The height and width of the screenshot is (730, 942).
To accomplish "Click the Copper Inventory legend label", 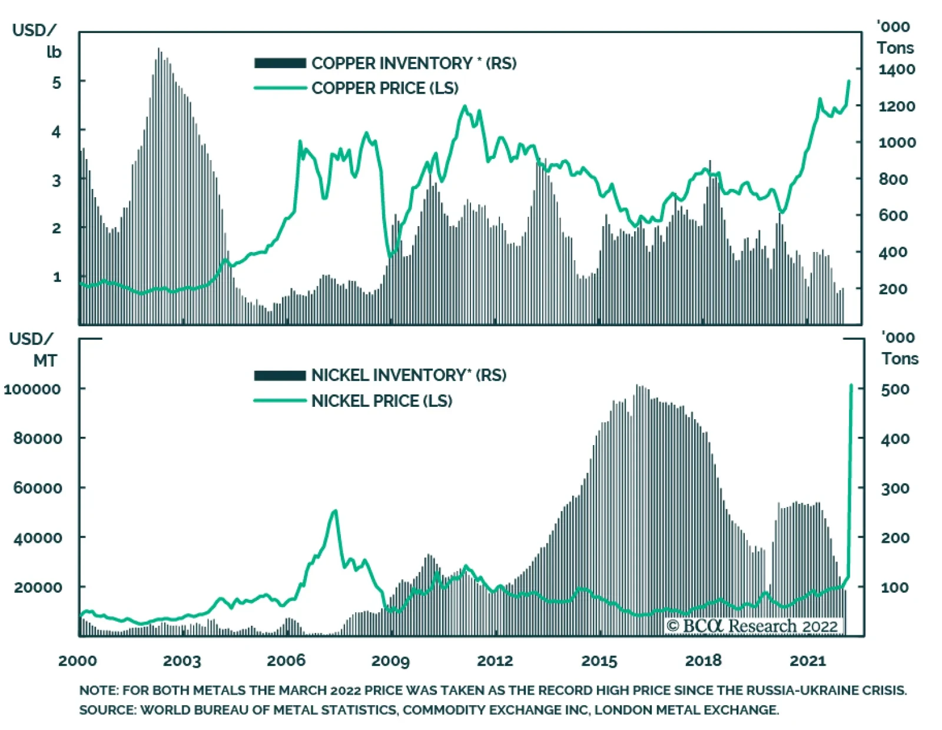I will tap(414, 63).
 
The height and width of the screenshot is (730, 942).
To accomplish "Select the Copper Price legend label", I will tap(384, 88).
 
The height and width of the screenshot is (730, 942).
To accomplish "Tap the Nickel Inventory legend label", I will tap(409, 375).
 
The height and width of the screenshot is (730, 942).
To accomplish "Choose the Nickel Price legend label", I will tap(382, 401).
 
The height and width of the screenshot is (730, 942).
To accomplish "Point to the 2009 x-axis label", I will tap(390, 661).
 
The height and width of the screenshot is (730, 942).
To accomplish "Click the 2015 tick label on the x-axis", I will tap(599, 661).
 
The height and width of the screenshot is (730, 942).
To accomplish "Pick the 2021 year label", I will tap(808, 661).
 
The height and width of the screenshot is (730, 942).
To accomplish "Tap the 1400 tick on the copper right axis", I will tap(896, 69).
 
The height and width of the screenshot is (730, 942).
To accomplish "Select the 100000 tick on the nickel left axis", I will tap(32, 389).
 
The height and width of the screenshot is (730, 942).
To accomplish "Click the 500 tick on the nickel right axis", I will tap(895, 389).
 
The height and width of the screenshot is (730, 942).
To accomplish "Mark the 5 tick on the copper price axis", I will tap(57, 82).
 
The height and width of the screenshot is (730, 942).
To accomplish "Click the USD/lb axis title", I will tap(37, 41).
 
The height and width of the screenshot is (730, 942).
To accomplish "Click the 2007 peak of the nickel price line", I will tap(335, 511).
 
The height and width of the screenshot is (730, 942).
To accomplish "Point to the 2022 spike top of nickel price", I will tap(851, 386).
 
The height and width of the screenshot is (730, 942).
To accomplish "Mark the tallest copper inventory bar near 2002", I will tap(158, 49).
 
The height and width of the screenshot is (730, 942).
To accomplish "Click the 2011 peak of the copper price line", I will tap(465, 107).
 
